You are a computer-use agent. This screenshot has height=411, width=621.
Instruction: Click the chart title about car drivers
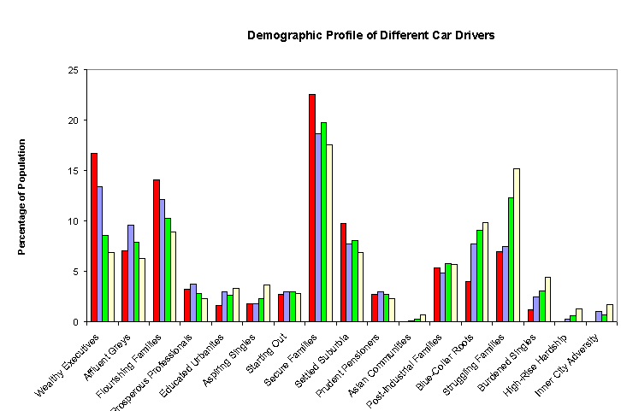[x=371, y=36]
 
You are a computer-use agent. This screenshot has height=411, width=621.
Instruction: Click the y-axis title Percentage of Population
[x=23, y=197]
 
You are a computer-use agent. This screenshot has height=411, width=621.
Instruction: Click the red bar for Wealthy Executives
[x=93, y=238]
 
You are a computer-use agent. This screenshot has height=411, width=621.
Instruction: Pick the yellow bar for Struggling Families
[x=517, y=245]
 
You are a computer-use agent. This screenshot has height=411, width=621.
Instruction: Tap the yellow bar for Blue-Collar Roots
[x=486, y=272]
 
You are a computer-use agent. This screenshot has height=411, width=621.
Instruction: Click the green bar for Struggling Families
[x=511, y=260]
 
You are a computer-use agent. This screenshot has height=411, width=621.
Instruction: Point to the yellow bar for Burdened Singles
[x=548, y=299]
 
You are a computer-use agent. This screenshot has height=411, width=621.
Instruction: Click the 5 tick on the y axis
[x=79, y=272]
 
